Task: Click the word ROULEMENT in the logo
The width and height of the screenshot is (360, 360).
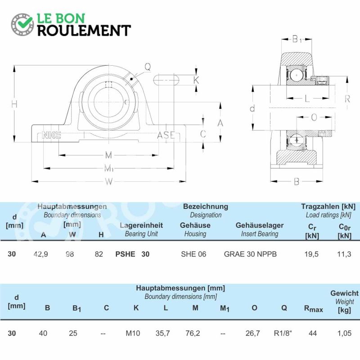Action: click(x=84, y=31)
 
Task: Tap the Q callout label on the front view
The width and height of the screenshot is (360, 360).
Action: click(x=148, y=67)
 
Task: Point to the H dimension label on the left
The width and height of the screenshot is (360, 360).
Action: click(x=14, y=104)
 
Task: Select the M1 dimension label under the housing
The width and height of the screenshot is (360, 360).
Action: click(x=109, y=168)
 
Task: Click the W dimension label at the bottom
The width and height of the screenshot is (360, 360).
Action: click(x=109, y=182)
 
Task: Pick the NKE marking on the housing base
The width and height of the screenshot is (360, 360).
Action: click(x=51, y=135)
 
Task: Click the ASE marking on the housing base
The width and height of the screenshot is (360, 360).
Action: click(x=166, y=135)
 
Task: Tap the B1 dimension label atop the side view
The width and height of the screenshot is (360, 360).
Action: click(x=297, y=40)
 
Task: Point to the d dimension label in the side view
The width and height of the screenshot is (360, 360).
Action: click(x=252, y=108)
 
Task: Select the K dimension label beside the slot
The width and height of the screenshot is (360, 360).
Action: click(x=196, y=80)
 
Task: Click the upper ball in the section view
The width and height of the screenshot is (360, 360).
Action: click(x=297, y=75)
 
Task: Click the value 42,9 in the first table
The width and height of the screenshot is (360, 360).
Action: click(x=41, y=254)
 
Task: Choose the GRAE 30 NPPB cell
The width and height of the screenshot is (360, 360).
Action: click(x=250, y=254)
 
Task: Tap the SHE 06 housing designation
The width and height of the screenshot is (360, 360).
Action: click(x=193, y=254)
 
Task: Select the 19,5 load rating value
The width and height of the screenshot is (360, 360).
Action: click(x=311, y=254)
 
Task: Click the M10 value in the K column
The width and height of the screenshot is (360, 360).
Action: click(x=133, y=333)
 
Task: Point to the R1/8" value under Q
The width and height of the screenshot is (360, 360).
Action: click(x=283, y=333)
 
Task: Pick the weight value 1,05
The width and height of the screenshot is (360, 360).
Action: click(x=344, y=333)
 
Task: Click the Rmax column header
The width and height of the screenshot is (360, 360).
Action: click(x=313, y=309)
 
